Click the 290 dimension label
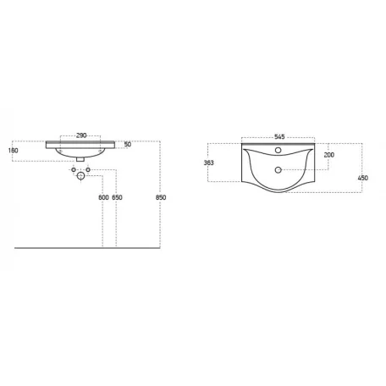(x=81, y=135)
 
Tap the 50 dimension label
(x=128, y=145)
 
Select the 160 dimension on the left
(x=13, y=151)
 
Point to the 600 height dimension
(x=103, y=197)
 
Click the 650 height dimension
(x=117, y=197)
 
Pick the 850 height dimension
(x=161, y=197)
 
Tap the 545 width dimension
(x=279, y=137)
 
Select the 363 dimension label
(x=209, y=163)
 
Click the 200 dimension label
(x=329, y=155)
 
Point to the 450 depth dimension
(x=363, y=178)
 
